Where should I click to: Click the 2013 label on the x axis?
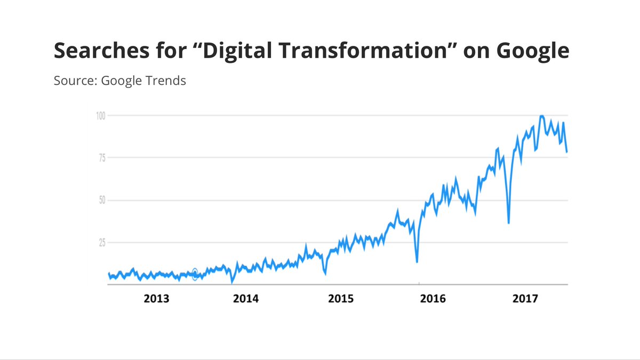[156, 299]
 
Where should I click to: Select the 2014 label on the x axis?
[246, 299]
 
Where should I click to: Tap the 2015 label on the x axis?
[340, 299]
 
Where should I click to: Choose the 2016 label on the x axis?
[433, 299]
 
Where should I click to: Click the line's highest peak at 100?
[542, 116]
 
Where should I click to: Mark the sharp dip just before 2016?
[417, 261]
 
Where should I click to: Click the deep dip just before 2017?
[509, 222]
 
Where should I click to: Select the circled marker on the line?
[195, 274]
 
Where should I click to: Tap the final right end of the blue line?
[567, 152]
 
